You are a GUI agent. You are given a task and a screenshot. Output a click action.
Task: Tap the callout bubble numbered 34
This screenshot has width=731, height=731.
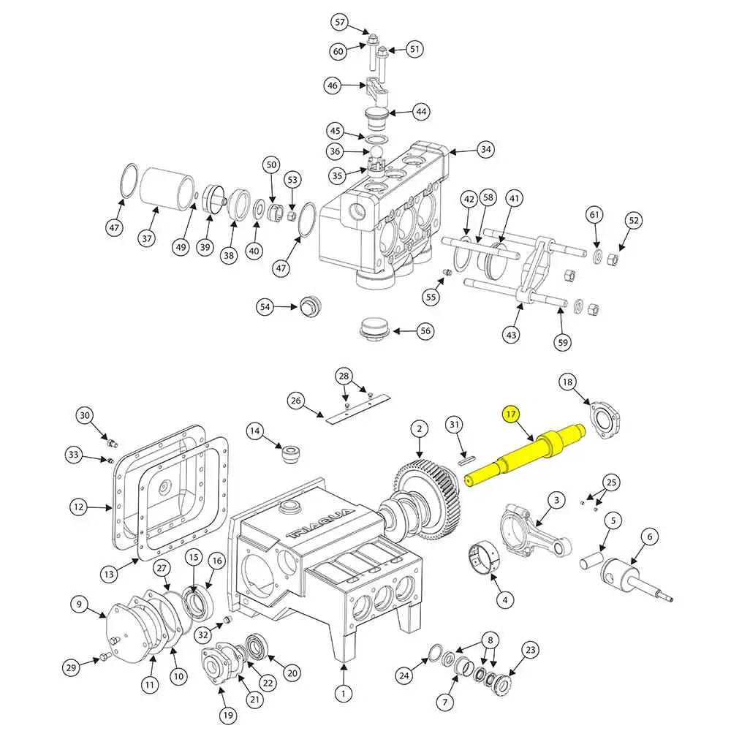click(485, 151)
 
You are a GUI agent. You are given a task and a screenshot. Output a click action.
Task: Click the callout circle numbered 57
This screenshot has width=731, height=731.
click(339, 23)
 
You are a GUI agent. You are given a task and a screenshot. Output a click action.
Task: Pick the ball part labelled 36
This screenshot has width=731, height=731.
click(376, 152)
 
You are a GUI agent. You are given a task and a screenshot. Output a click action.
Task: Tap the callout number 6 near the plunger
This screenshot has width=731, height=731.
click(648, 537)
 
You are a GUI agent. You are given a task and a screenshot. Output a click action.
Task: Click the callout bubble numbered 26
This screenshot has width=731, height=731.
click(296, 400)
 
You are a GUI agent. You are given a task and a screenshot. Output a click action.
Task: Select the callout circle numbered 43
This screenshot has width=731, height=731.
click(511, 335)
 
